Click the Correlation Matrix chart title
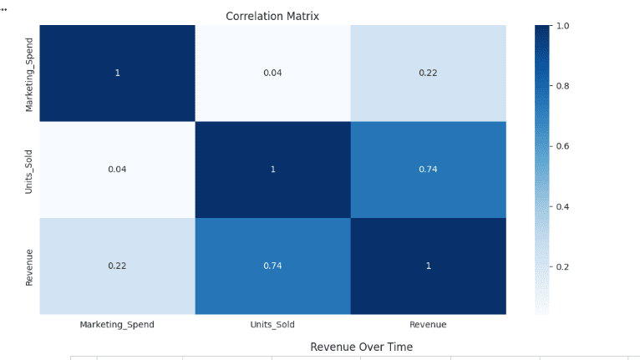(272, 17)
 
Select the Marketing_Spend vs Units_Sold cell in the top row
(272, 73)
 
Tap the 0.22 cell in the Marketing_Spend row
(428, 73)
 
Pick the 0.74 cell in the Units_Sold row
(428, 170)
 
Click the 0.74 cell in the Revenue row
(272, 266)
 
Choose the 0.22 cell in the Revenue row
(117, 266)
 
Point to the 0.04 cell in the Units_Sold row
(117, 170)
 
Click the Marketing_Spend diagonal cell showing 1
(117, 73)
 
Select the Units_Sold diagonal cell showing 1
(272, 170)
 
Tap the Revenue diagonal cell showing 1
(428, 266)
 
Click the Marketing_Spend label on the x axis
(117, 324)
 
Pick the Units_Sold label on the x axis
(272, 324)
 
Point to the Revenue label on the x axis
(428, 324)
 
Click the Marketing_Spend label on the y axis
(30, 74)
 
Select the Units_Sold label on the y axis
(30, 170)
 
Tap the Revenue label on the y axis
(30, 266)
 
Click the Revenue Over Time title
(361, 347)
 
